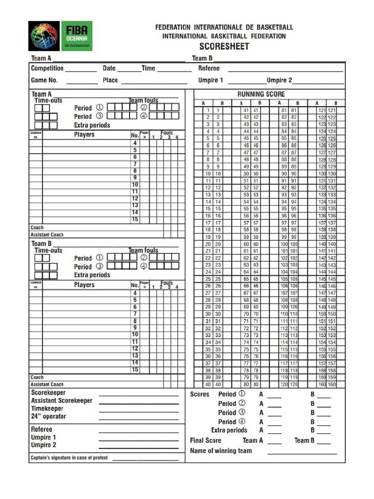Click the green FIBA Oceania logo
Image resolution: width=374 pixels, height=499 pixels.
click(76, 36)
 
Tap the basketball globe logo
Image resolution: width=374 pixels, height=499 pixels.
click(44, 36)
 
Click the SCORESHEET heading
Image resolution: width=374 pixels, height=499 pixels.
click(224, 46)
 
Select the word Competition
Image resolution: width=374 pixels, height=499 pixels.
click(47, 68)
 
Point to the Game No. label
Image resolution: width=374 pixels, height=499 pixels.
click(44, 80)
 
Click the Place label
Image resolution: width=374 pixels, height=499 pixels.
click(110, 80)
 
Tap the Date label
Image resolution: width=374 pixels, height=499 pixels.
click(109, 68)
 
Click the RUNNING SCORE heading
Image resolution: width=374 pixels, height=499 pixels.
click(261, 94)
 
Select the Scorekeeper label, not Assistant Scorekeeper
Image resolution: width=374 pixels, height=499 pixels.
click(48, 393)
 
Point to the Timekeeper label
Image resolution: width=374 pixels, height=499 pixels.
click(47, 408)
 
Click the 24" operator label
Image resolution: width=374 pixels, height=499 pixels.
click(48, 416)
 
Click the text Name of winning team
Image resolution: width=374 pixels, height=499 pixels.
click(221, 450)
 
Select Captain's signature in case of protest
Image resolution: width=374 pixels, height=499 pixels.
click(69, 458)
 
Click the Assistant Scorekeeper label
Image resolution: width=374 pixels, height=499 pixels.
click(61, 401)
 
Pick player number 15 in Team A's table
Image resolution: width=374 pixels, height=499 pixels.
click(135, 220)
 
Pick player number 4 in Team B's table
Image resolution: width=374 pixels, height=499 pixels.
click(135, 293)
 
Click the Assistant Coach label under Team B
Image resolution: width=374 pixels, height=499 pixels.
click(47, 384)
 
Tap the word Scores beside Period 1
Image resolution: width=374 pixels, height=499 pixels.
click(200, 394)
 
